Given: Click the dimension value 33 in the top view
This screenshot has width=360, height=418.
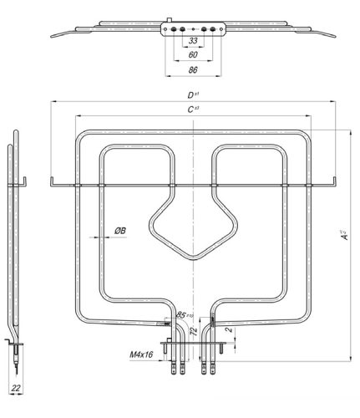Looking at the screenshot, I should (193, 41).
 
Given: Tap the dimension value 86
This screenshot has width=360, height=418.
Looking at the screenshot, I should (193, 70).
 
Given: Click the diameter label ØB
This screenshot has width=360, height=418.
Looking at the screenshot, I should (119, 230).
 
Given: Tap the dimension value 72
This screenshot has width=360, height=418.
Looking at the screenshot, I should (193, 332).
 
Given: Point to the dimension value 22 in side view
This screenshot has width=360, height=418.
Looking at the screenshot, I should (16, 388).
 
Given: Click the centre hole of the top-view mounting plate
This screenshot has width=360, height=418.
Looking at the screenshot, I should (193, 28).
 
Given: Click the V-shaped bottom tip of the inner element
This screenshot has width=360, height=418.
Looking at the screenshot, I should (193, 256).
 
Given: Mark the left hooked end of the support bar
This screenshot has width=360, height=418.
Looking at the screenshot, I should (52, 180).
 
